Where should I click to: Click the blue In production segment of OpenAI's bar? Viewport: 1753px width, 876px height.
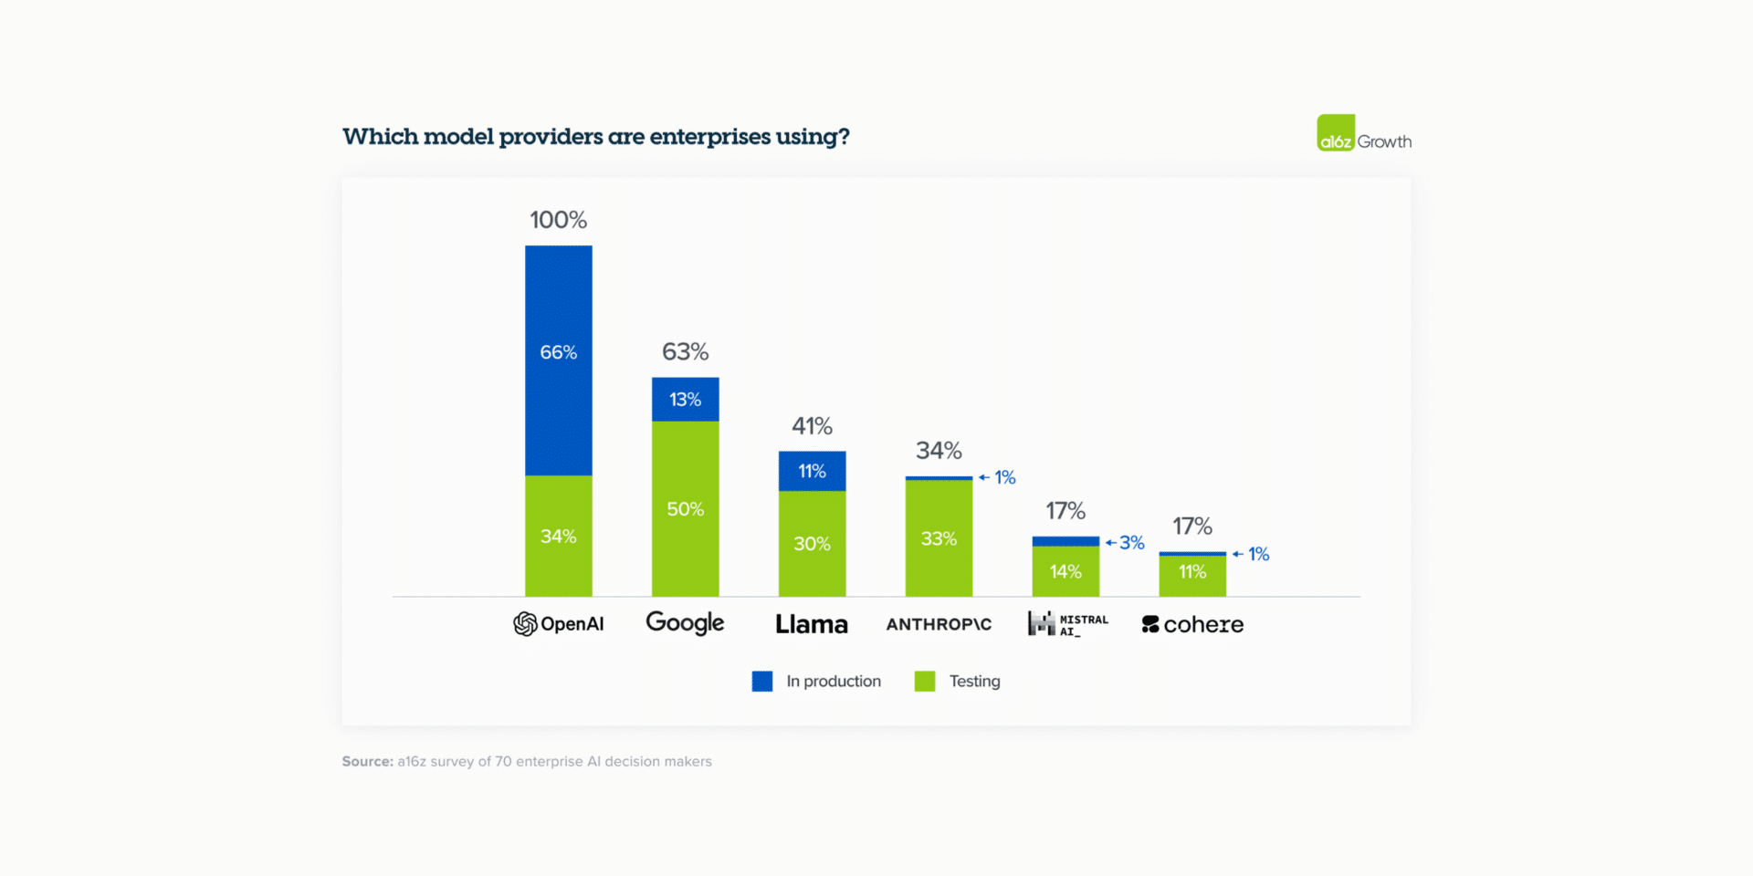(x=558, y=360)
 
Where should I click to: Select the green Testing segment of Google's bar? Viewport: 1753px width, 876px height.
(x=685, y=508)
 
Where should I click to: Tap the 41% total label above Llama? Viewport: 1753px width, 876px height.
(x=812, y=426)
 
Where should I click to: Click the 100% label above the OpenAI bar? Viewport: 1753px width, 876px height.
(x=558, y=220)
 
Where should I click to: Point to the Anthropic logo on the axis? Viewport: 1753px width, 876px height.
(x=939, y=624)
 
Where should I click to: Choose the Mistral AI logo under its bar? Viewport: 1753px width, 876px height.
(x=1067, y=624)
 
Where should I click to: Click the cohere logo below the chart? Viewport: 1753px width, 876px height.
(x=1192, y=624)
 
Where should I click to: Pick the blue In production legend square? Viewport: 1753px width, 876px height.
(x=762, y=682)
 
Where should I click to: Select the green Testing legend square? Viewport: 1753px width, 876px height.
(x=925, y=682)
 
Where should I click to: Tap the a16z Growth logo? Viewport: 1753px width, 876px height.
(x=1363, y=134)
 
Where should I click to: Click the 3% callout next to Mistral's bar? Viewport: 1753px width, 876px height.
(x=1131, y=543)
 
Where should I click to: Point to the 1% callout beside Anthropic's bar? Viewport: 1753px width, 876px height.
(x=1004, y=477)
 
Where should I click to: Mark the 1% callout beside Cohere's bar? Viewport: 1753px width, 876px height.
(x=1258, y=554)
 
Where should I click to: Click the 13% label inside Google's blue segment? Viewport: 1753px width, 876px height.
(x=685, y=400)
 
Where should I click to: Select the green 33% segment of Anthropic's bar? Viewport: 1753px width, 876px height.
(x=939, y=538)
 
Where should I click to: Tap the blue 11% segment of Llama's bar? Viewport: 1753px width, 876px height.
(x=812, y=471)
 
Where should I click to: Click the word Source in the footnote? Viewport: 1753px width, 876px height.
(x=367, y=761)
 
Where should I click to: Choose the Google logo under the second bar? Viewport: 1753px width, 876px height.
(x=685, y=623)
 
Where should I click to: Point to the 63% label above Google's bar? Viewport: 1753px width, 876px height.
(x=685, y=352)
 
